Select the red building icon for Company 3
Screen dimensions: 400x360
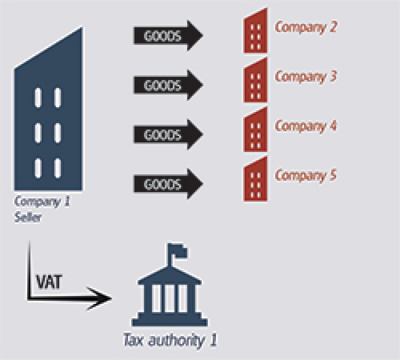[255, 80]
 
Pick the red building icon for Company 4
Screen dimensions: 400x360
[255, 130]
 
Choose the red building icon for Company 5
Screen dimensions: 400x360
[255, 179]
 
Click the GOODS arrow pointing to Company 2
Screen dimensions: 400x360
[168, 35]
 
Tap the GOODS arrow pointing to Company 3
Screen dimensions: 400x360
[168, 85]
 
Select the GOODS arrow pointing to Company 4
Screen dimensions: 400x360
[168, 134]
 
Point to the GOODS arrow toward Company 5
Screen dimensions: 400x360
[168, 183]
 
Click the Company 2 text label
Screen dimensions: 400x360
[305, 27]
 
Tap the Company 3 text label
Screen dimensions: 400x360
[305, 76]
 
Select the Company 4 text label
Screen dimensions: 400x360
[305, 126]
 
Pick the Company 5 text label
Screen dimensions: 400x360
[305, 175]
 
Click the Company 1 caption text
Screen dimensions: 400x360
[42, 202]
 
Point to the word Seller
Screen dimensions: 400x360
[28, 217]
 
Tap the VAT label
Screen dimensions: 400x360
[49, 281]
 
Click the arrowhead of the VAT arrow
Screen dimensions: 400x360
[101, 298]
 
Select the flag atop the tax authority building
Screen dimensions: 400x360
[177, 251]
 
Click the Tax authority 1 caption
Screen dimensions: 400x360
[170, 340]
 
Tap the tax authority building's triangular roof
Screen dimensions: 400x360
[169, 275]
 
